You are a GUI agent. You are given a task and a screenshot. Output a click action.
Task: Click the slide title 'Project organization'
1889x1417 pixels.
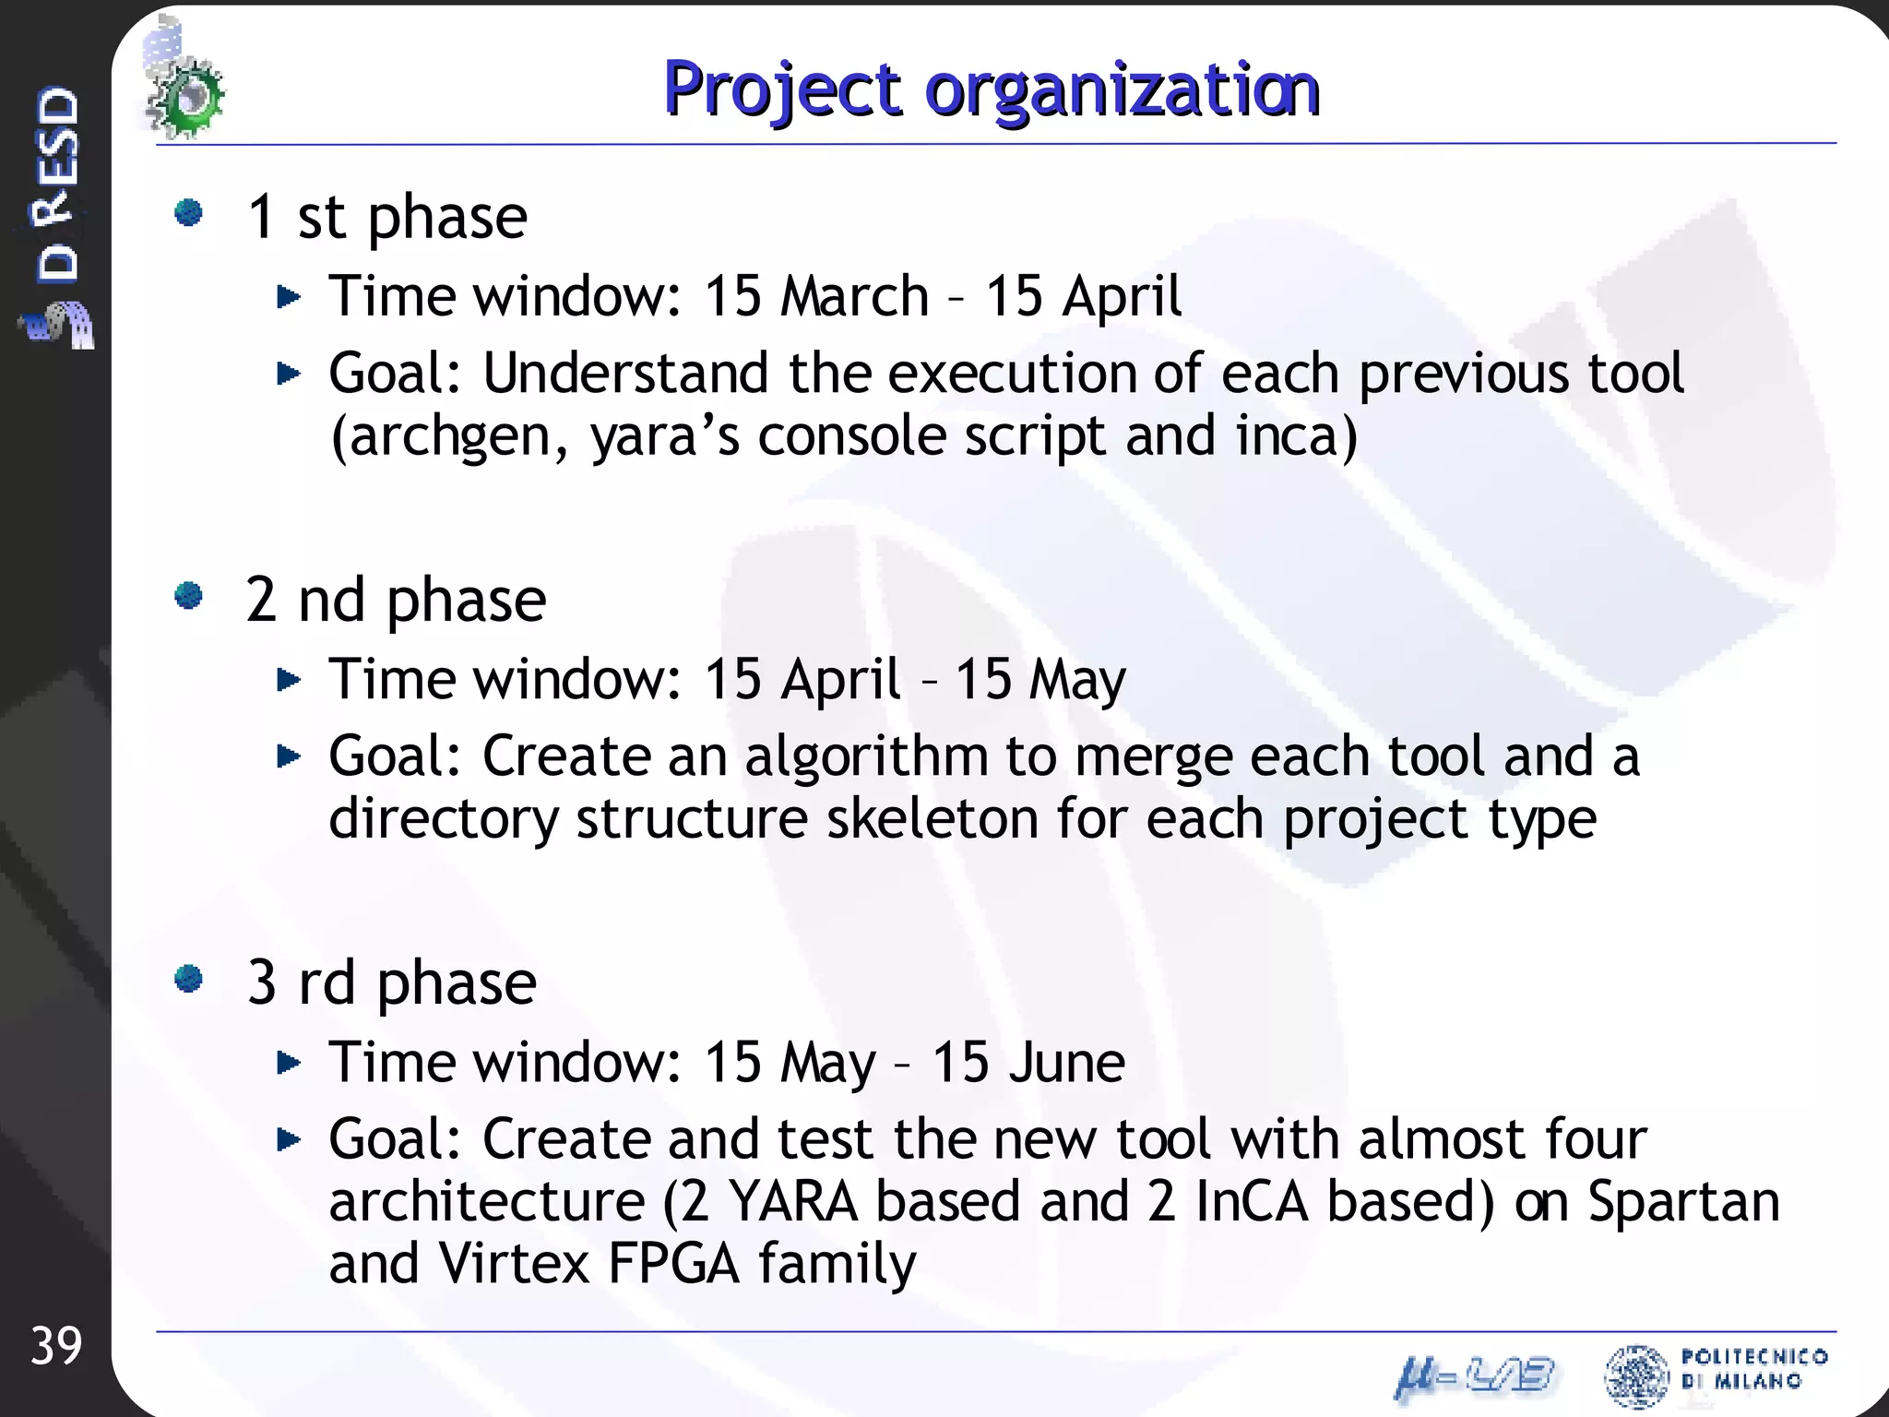point(992,89)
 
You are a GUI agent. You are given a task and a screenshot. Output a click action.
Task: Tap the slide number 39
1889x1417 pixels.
point(56,1346)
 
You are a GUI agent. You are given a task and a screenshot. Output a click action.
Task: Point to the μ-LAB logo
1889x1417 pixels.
point(1475,1376)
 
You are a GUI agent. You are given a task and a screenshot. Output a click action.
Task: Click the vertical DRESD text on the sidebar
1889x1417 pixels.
point(57,185)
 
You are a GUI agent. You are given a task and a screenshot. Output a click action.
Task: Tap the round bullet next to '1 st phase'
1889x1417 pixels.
point(189,213)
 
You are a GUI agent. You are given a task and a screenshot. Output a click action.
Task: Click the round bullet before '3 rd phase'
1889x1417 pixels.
point(189,979)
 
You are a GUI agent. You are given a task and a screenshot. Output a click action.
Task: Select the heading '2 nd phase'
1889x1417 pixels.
point(396,601)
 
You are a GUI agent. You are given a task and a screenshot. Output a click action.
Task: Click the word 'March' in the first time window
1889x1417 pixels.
point(853,297)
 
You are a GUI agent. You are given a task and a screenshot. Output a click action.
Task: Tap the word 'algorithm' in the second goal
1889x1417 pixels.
point(866,756)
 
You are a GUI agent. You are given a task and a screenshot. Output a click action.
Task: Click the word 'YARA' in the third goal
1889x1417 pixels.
point(793,1202)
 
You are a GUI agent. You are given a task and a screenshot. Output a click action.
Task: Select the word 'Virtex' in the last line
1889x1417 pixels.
point(514,1264)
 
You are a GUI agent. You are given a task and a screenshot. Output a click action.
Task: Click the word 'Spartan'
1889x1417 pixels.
point(1683,1202)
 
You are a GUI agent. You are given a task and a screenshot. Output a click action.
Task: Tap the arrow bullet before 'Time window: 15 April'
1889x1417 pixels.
point(289,681)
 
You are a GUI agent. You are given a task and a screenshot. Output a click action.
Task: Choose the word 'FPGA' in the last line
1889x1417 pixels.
point(673,1264)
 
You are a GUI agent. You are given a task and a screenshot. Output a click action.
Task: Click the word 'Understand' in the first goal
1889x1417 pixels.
point(625,374)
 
